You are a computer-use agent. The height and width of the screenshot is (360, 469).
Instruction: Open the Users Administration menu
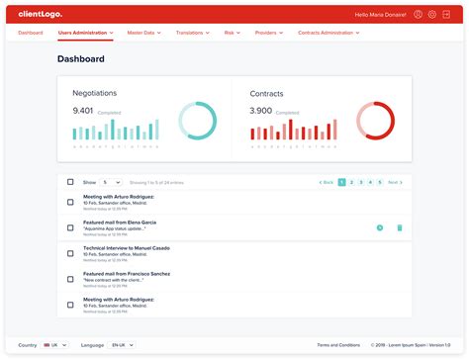point(85,33)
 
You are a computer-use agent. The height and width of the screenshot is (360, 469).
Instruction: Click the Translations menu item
point(194,33)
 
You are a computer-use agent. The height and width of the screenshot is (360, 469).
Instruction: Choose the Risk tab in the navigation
point(232,33)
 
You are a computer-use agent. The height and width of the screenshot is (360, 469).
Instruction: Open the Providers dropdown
point(268,33)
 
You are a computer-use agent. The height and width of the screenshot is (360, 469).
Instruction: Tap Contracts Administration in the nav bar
point(328,33)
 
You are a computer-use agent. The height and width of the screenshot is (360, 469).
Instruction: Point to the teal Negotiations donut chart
point(197,121)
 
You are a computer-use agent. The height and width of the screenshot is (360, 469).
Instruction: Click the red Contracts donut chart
point(375,121)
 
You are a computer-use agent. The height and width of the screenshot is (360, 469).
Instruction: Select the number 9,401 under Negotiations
point(83,110)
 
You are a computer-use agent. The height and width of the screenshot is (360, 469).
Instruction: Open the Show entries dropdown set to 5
point(111,182)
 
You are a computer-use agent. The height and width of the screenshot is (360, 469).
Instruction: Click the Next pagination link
point(394,182)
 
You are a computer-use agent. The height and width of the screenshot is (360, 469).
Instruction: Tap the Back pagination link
point(326,182)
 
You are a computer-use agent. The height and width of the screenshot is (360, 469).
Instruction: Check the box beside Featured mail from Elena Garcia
point(70,227)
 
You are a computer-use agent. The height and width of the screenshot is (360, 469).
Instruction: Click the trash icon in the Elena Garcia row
point(400,227)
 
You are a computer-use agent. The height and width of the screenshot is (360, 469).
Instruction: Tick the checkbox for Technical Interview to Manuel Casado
point(70,253)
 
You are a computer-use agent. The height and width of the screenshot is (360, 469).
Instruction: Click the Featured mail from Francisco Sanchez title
point(127,273)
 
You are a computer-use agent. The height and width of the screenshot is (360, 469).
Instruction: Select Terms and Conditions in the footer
point(338,344)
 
